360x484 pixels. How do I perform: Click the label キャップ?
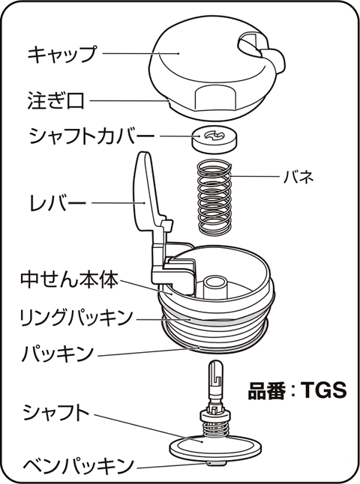click(x=62, y=54)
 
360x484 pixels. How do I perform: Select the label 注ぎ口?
click(x=55, y=101)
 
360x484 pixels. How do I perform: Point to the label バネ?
click(x=298, y=177)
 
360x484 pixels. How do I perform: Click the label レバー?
click(x=58, y=203)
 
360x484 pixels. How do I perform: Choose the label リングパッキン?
click(x=76, y=318)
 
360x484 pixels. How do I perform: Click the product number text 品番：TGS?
click(x=297, y=390)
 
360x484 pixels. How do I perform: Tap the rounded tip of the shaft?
click(x=216, y=364)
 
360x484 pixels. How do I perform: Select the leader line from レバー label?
click(x=118, y=203)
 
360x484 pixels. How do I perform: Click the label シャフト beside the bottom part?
click(x=56, y=414)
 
